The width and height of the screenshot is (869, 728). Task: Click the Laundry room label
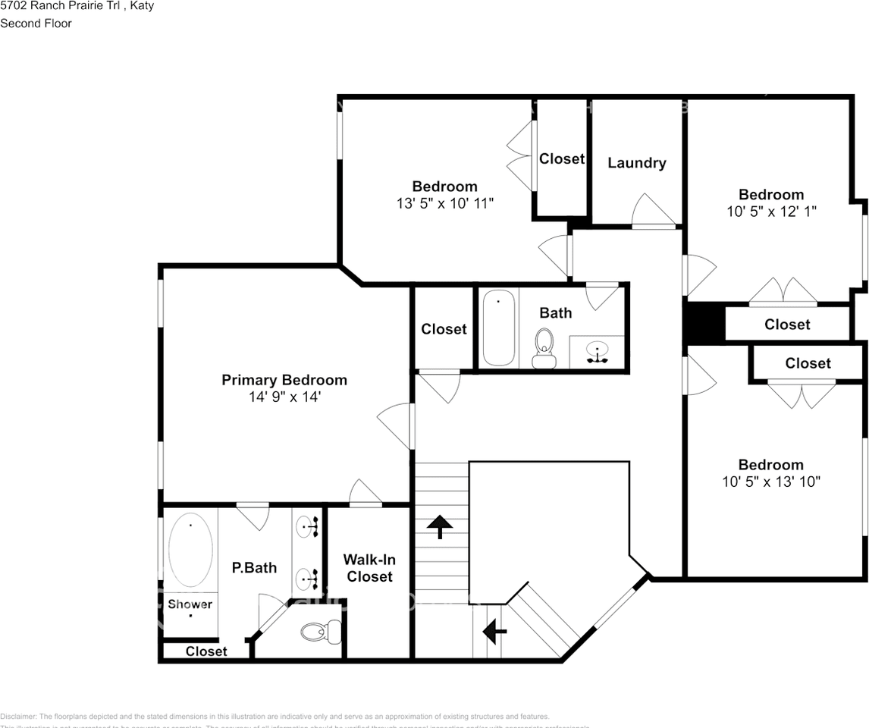636,163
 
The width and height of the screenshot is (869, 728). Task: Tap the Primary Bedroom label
284,380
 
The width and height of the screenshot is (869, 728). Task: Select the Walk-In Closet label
368,568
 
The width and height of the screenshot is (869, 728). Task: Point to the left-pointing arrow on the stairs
495,629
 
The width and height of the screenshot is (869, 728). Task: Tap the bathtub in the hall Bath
499,328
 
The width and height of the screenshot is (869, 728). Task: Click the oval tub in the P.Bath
190,550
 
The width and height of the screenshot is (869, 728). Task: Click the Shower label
190,604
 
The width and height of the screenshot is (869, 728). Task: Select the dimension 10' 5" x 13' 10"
770,482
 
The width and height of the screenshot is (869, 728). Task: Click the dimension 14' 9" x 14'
284,397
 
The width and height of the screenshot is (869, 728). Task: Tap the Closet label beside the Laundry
562,158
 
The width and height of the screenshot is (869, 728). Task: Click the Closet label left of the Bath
444,329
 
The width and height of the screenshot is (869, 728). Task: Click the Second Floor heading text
36,24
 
